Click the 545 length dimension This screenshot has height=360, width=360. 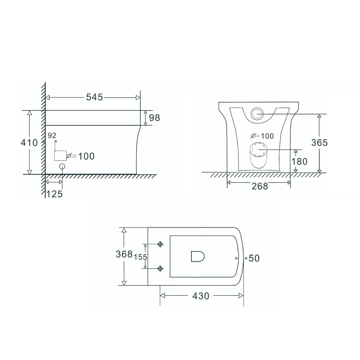(95, 97)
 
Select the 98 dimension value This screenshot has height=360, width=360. (155, 118)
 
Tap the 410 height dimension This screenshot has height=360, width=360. (29, 143)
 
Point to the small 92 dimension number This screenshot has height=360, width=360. (51, 136)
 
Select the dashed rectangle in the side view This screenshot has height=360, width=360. (60, 156)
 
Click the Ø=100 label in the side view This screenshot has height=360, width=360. (80, 156)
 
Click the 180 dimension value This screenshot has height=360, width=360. (300, 161)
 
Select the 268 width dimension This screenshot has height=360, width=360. (260, 186)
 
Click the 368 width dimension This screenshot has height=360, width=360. (124, 255)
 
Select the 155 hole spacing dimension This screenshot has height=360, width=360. (140, 257)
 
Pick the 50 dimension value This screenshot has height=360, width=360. (254, 258)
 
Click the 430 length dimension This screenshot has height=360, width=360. (200, 296)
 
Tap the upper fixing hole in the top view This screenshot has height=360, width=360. (160, 245)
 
